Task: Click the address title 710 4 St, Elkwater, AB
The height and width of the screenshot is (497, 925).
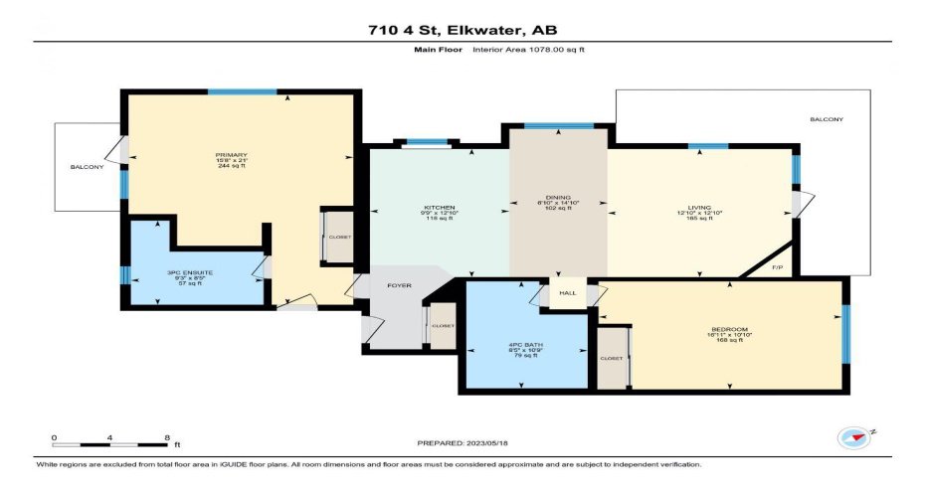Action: [462, 30]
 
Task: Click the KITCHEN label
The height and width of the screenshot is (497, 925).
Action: [438, 208]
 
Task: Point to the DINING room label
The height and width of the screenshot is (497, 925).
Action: [558, 198]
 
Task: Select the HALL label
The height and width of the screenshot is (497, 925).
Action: [567, 293]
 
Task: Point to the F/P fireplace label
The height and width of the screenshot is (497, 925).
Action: [778, 267]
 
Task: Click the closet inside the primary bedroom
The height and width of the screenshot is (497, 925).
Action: [339, 238]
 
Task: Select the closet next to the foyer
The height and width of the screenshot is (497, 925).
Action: [443, 325]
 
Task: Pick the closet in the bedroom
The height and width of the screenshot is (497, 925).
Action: [612, 358]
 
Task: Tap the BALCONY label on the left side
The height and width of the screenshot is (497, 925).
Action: [87, 167]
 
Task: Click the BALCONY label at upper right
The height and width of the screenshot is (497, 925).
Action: [826, 119]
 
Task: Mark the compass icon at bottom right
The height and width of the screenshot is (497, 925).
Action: [852, 436]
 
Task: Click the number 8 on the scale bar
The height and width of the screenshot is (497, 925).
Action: [165, 437]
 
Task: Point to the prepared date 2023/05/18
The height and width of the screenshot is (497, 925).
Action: [462, 442]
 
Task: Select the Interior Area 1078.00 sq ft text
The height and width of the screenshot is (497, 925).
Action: [527, 49]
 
